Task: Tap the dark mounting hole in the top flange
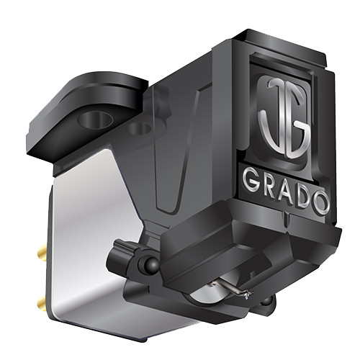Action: click(94, 117)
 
